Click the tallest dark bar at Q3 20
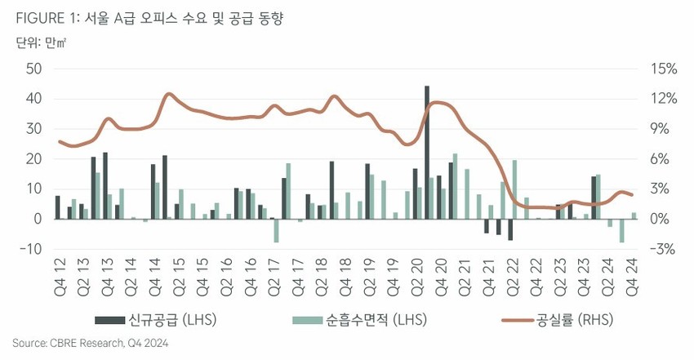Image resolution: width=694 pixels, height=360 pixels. pos(427,152)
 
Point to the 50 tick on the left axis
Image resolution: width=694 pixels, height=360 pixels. pos(33,69)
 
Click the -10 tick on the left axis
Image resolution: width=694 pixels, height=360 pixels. pos(30,249)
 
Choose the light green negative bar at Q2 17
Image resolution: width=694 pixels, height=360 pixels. pos(276,230)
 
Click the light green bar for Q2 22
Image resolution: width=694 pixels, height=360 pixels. pos(515,189)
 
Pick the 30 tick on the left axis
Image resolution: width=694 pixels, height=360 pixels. pos(33,129)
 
